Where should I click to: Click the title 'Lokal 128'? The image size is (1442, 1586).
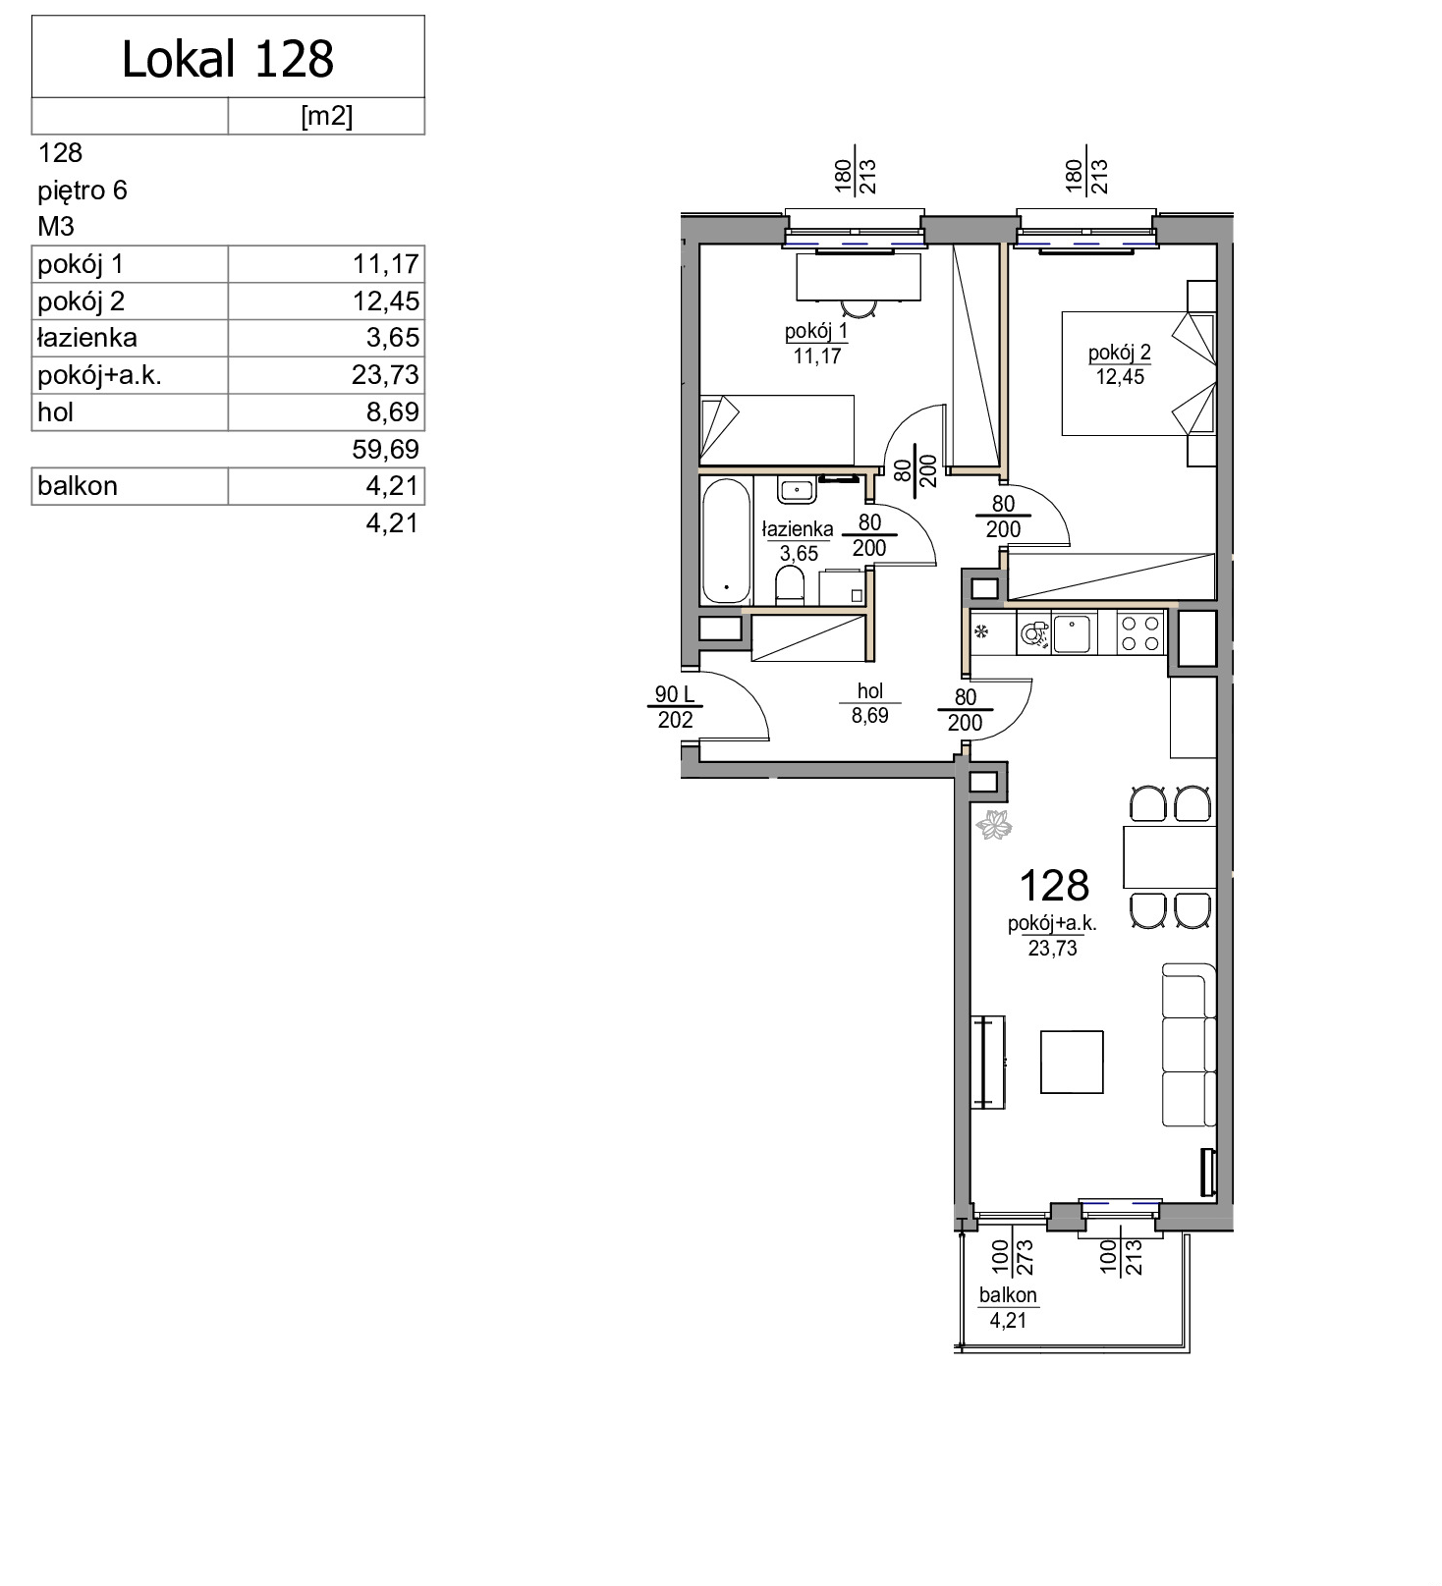pyautogui.click(x=228, y=59)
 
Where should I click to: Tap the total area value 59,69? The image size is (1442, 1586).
pyautogui.click(x=386, y=450)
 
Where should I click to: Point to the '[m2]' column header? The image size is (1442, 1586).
pyautogui.click(x=326, y=116)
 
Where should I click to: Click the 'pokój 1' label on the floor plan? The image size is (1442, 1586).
pyautogui.click(x=816, y=332)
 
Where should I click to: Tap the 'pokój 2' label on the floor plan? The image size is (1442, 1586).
pyautogui.click(x=1120, y=353)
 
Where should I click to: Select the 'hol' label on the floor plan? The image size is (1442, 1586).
pyautogui.click(x=870, y=691)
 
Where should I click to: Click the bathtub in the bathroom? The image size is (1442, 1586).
pyautogui.click(x=727, y=541)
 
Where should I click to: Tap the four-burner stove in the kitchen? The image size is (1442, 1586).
pyautogui.click(x=1140, y=632)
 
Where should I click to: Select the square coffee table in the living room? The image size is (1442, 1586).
pyautogui.click(x=1072, y=1062)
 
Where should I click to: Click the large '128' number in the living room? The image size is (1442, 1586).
pyautogui.click(x=1054, y=886)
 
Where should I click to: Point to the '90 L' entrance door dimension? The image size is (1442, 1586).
pyautogui.click(x=675, y=695)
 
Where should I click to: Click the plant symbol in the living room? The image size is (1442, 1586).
pyautogui.click(x=993, y=824)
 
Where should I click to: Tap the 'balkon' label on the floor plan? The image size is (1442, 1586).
pyautogui.click(x=1008, y=1295)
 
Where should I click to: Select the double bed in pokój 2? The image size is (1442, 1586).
pyautogui.click(x=1137, y=373)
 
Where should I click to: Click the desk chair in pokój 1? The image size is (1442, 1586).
pyautogui.click(x=860, y=308)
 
